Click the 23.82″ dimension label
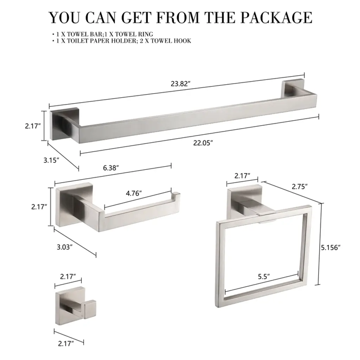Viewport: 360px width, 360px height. point(180,84)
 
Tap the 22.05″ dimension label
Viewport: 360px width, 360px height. point(203,143)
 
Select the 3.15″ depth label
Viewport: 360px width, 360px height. point(51,160)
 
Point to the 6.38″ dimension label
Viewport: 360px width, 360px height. point(111,168)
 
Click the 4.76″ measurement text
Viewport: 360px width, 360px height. point(134,193)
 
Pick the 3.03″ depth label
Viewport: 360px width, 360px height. point(65,247)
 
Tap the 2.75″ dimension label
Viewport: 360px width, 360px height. point(300,186)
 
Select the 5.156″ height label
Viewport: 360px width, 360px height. point(330,247)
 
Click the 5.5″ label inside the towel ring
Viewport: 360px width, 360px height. point(264,277)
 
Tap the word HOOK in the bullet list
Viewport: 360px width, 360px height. point(182,41)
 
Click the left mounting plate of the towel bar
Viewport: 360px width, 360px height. point(65,124)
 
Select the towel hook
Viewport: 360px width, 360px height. point(76,306)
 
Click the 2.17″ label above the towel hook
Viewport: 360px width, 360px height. point(68,277)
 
